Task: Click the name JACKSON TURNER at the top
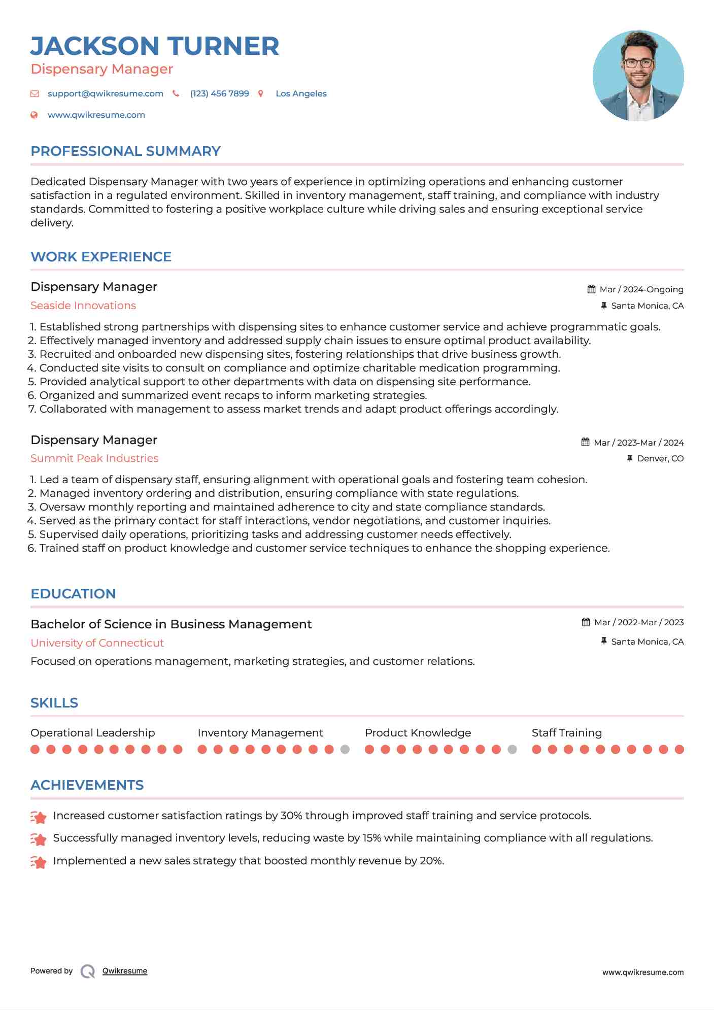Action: coord(155,46)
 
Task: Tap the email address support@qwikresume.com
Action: coord(105,94)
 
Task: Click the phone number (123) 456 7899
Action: coord(219,94)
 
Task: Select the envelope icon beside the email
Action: coord(35,94)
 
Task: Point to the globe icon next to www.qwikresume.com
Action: coord(34,115)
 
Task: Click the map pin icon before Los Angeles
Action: coord(261,94)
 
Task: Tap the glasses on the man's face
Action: coord(638,63)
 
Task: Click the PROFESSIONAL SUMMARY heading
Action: coord(125,151)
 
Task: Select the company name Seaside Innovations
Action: coord(83,306)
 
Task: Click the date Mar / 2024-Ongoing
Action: coord(641,290)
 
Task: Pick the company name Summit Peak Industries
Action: coord(94,458)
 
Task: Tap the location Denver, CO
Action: coord(660,459)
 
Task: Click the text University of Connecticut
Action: coord(97,643)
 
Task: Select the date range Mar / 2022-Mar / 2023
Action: coord(638,623)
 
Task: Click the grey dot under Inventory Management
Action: coord(345,750)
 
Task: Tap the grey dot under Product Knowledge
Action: coord(512,750)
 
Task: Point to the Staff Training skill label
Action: coord(566,733)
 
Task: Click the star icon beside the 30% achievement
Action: coord(39,817)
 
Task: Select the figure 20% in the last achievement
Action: coord(431,861)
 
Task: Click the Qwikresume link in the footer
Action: coord(124,971)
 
